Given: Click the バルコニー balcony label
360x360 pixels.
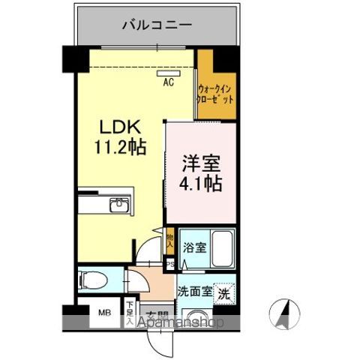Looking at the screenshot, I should pos(157,25).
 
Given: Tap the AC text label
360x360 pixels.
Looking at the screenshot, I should pos(169,83).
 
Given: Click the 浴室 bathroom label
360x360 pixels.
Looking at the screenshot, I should pos(196,247).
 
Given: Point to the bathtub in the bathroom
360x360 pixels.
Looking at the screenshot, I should pos(222,250).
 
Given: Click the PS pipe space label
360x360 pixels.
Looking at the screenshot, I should pos(169,264).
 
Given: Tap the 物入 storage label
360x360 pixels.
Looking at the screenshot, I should pos(169,240).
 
